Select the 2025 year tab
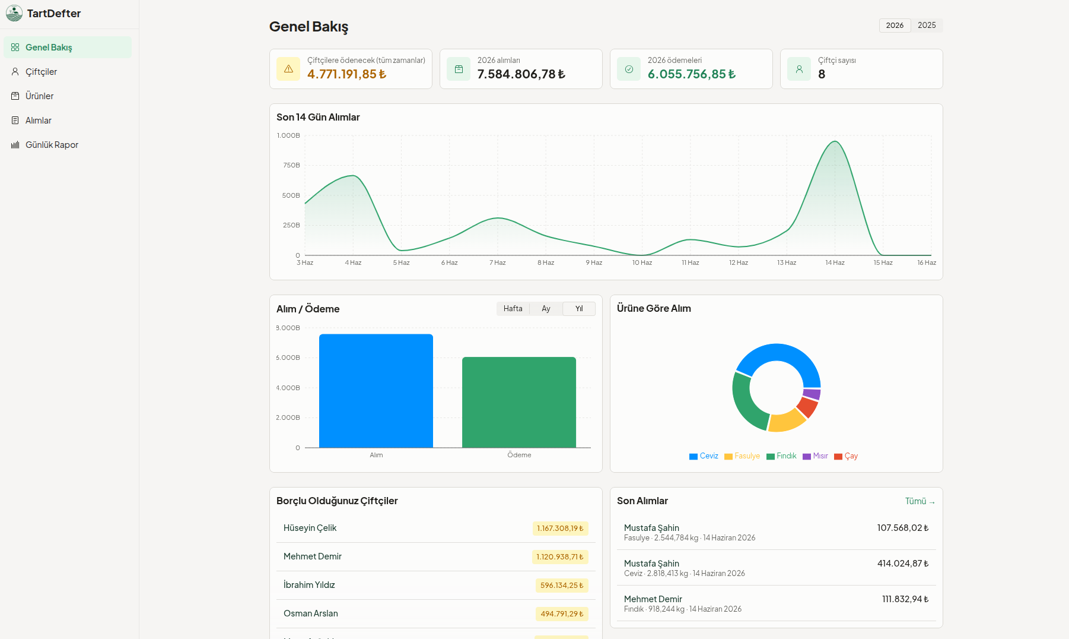pyautogui.click(x=927, y=26)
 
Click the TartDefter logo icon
pyautogui.click(x=14, y=13)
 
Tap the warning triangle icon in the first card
pyautogui.click(x=288, y=69)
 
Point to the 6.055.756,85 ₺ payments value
pyautogui.click(x=692, y=74)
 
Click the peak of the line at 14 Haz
pyautogui.click(x=835, y=141)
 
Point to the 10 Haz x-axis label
pyautogui.click(x=642, y=262)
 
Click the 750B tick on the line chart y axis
pyautogui.click(x=291, y=165)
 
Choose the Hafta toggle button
pyautogui.click(x=513, y=309)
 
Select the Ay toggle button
pyautogui.click(x=546, y=309)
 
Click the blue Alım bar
pyautogui.click(x=376, y=391)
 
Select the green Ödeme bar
pyautogui.click(x=519, y=402)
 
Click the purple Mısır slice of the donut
pyautogui.click(x=812, y=394)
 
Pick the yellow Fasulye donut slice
pyautogui.click(x=787, y=420)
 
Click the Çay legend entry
pyautogui.click(x=846, y=456)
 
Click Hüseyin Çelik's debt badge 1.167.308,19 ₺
pyautogui.click(x=560, y=529)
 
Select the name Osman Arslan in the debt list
pyautogui.click(x=311, y=613)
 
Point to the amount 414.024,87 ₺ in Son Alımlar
pyautogui.click(x=903, y=564)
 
